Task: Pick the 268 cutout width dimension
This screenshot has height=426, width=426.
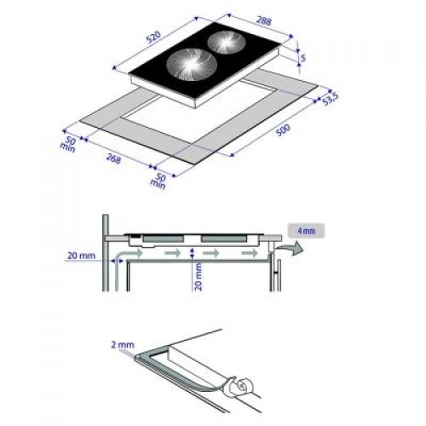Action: pyautogui.click(x=112, y=159)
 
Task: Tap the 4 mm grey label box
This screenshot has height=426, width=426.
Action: pyautogui.click(x=306, y=229)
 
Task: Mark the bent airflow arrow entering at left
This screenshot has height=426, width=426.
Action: pyautogui.click(x=128, y=255)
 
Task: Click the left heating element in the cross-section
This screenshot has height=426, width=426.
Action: pyautogui.click(x=162, y=237)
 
